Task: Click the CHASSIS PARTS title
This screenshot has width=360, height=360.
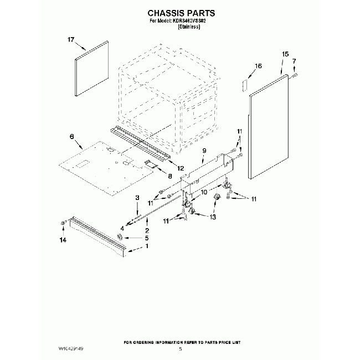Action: (x=181, y=13)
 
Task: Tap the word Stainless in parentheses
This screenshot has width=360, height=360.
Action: (x=189, y=27)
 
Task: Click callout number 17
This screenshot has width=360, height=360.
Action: (x=71, y=40)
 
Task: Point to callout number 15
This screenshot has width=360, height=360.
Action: (x=285, y=54)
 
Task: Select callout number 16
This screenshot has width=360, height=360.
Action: (x=258, y=66)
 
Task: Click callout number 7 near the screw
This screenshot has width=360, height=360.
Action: (x=294, y=61)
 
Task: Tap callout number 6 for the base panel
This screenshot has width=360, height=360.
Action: (x=72, y=137)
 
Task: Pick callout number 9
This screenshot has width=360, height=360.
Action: (x=204, y=151)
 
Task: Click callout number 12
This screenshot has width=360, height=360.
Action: (x=181, y=168)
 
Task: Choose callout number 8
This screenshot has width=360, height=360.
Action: (x=170, y=176)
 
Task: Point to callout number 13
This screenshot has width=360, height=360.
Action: (x=213, y=217)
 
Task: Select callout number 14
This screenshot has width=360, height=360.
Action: (x=63, y=240)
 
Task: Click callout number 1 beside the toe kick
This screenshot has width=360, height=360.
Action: (x=147, y=246)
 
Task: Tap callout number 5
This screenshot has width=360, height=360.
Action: (x=147, y=238)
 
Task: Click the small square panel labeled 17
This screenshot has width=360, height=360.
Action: (x=91, y=68)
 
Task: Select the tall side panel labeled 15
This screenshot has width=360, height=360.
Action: (x=269, y=126)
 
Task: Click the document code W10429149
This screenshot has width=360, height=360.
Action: (x=71, y=349)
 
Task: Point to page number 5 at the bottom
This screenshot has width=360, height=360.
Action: (x=181, y=349)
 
